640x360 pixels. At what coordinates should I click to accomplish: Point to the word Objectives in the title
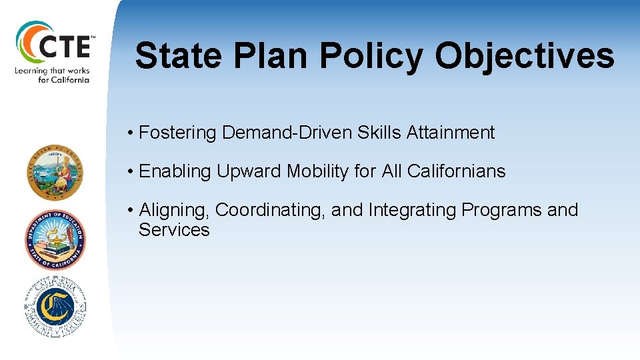pyautogui.click(x=524, y=56)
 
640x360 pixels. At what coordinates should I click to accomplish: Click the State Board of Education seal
pyautogui.click(x=55, y=173)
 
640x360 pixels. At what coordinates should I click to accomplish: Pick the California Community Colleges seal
pyautogui.click(x=55, y=307)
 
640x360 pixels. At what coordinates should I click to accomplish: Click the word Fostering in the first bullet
pyautogui.click(x=178, y=133)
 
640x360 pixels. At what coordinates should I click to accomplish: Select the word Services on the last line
pyautogui.click(x=174, y=230)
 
